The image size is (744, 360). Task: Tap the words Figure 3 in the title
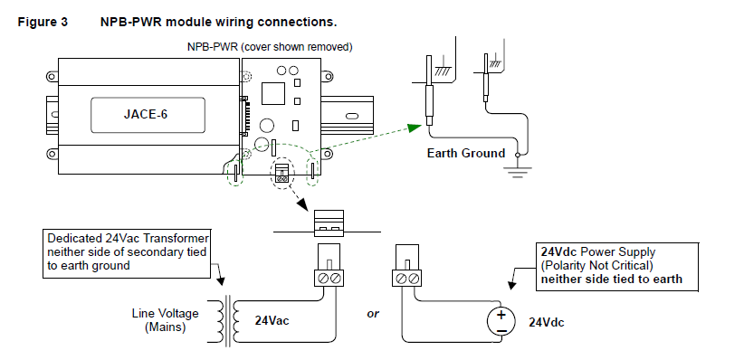coord(43,23)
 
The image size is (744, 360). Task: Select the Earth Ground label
coord(466,153)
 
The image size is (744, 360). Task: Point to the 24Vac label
coord(272,320)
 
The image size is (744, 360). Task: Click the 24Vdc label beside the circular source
coord(547,323)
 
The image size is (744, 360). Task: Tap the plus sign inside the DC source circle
coord(501,315)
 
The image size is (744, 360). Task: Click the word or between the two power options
coord(373,314)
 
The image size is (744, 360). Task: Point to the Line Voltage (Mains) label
coord(165,320)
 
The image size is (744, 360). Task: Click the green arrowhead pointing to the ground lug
coord(415,128)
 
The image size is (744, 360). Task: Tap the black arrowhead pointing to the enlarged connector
coord(302,204)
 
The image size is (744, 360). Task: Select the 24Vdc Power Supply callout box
coord(618,266)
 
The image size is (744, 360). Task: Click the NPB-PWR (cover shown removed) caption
coord(270,47)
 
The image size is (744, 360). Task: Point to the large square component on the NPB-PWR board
coord(272,93)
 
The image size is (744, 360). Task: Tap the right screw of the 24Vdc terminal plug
coord(414,279)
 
